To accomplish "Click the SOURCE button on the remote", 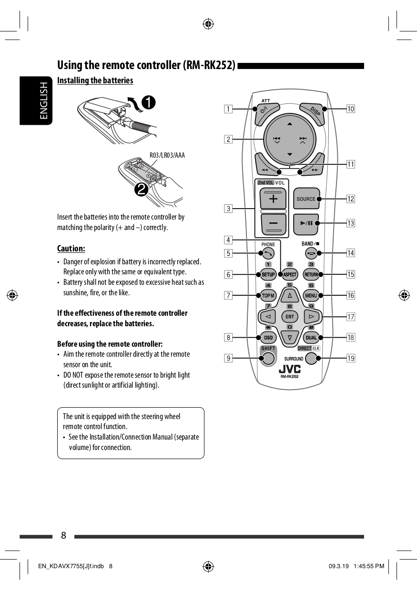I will tap(306, 199).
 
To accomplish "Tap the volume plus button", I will tap(273, 199).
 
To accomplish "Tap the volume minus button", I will tap(273, 224).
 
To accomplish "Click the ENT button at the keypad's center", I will tap(289, 317).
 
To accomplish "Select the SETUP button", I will tap(268, 274).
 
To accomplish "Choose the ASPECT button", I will tap(290, 274).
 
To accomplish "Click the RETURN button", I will tap(311, 274).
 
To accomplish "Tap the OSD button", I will tap(268, 338).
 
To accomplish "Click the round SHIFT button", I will tap(268, 359).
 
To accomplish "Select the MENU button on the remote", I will tap(311, 296).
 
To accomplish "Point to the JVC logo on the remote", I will tap(289, 369).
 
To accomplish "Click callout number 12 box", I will tap(351, 199).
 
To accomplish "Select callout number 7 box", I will tap(229, 295).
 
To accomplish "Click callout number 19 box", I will tap(351, 358).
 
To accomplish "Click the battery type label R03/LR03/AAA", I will tap(167, 155).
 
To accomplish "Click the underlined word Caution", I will tap(71, 249).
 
